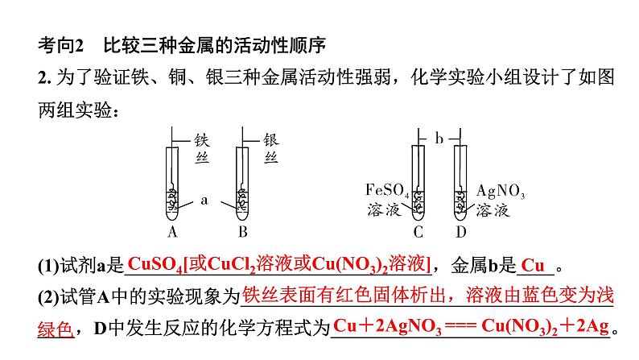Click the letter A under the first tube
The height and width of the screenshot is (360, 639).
click(172, 233)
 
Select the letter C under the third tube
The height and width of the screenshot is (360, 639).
click(418, 233)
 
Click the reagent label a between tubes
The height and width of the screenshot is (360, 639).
click(204, 201)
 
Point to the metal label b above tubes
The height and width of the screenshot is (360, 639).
click(439, 139)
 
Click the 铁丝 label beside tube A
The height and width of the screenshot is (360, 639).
click(202, 148)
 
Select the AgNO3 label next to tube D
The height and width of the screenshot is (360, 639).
click(500, 192)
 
